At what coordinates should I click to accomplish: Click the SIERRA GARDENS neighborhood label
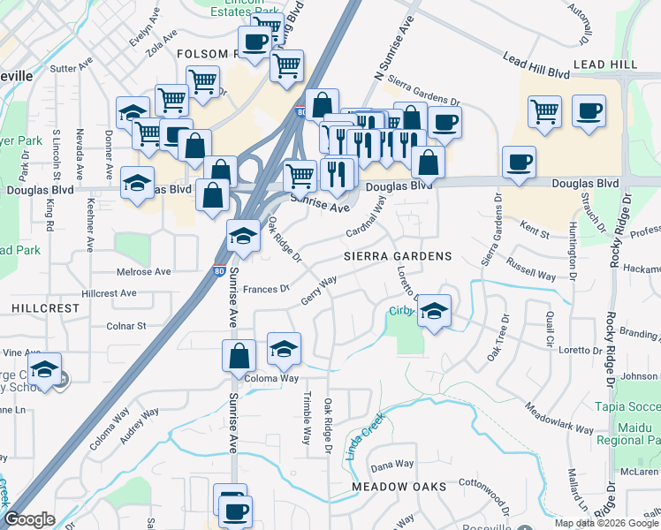pyautogui.click(x=398, y=256)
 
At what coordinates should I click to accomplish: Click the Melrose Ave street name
pyautogui.click(x=143, y=272)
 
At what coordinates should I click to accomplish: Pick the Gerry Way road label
pyautogui.click(x=320, y=290)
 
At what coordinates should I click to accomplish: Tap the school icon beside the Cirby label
pyautogui.click(x=433, y=311)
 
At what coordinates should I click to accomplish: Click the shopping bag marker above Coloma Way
pyautogui.click(x=239, y=356)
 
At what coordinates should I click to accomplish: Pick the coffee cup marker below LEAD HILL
pyautogui.click(x=589, y=112)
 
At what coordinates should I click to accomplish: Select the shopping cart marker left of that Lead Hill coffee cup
pyautogui.click(x=545, y=112)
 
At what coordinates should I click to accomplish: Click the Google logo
pyautogui.click(x=29, y=519)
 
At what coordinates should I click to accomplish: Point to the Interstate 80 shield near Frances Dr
pyautogui.click(x=218, y=274)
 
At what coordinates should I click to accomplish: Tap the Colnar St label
pyautogui.click(x=126, y=326)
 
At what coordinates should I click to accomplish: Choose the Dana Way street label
pyautogui.click(x=392, y=465)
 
